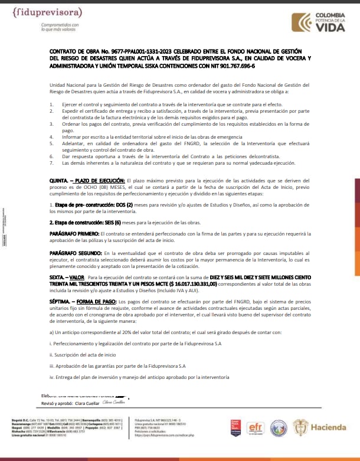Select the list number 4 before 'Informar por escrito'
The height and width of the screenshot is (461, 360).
(x=51, y=136)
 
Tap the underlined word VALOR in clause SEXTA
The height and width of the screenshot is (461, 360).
(x=77, y=277)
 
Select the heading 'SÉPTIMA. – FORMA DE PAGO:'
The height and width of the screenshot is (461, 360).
(x=83, y=302)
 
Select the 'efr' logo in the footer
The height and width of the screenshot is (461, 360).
(x=256, y=426)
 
